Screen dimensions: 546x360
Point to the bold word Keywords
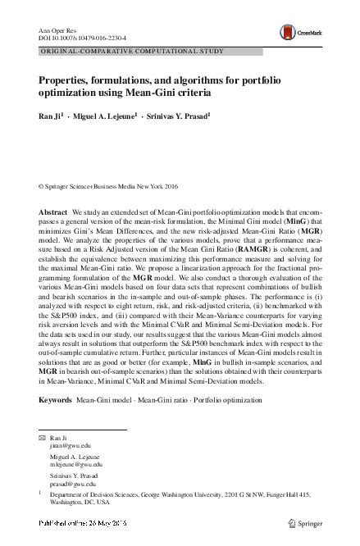(56, 400)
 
